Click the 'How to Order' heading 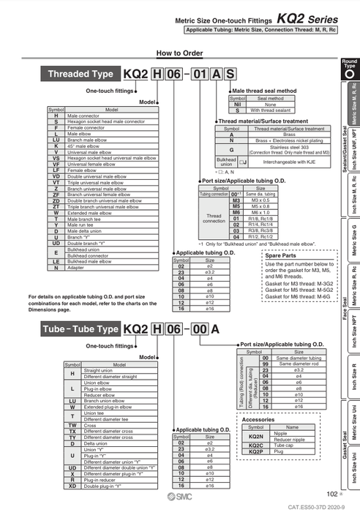tap(179, 53)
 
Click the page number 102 tap(331, 494)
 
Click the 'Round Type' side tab tap(349, 69)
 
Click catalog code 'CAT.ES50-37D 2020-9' tap(319, 505)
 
